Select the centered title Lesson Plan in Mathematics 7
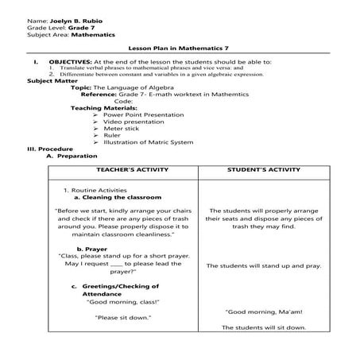click(x=180, y=49)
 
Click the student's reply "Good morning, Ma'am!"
click(x=264, y=312)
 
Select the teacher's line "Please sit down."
click(x=123, y=317)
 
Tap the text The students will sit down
click(x=264, y=327)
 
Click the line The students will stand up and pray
click(x=264, y=266)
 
